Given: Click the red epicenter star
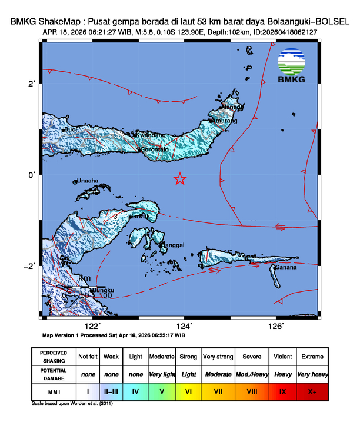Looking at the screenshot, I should pyautogui.click(x=180, y=179).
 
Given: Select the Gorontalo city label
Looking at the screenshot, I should pyautogui.click(x=158, y=149).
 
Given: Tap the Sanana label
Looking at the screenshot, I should pyautogui.click(x=285, y=268).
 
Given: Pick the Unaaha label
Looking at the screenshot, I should pyautogui.click(x=88, y=181).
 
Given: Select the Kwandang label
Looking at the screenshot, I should pyautogui.click(x=150, y=135).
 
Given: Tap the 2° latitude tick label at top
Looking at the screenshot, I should pyautogui.click(x=32, y=83).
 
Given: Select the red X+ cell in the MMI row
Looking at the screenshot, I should pyautogui.click(x=312, y=390).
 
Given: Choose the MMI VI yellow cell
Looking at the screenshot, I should pyautogui.click(x=189, y=390).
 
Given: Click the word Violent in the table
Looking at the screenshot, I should pyautogui.click(x=282, y=357).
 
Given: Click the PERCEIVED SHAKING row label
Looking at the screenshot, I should pyautogui.click(x=54, y=357).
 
